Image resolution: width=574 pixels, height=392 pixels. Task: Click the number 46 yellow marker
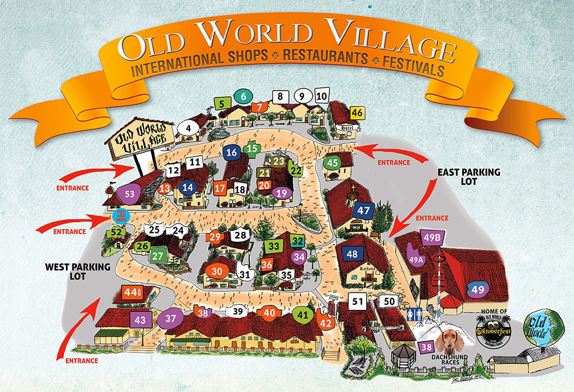357,112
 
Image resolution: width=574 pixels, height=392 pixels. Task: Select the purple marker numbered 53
129,193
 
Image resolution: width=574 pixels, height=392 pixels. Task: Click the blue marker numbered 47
363,210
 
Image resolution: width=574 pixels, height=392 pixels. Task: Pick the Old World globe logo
542,331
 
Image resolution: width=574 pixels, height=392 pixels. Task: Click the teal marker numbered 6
243,96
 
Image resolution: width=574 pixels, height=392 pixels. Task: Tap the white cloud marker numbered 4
188,127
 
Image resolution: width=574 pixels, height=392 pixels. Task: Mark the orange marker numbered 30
217,271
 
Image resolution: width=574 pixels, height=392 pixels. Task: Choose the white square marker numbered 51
358,301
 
